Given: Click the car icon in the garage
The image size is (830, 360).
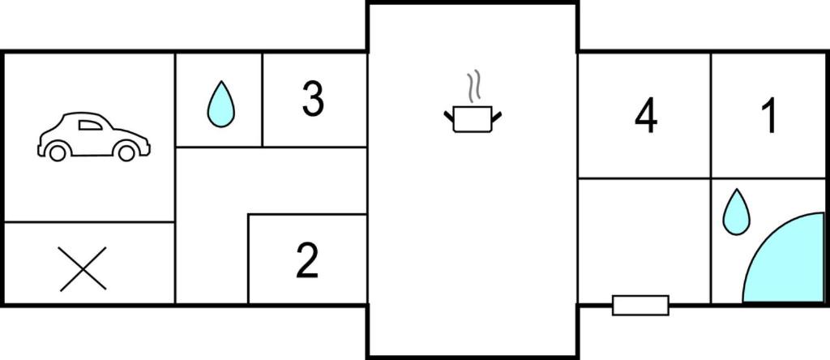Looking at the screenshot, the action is coord(94,136).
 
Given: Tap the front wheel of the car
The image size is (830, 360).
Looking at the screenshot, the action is coord(126,152).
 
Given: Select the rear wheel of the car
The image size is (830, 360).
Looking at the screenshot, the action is coord(58,152).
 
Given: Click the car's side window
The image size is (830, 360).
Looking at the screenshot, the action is coord(90,125).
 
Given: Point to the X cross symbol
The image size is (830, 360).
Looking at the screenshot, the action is coord(83,269).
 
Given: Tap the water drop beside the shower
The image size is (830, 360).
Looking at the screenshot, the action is coord(736,212).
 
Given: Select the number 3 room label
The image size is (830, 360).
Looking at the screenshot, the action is coord(313,100).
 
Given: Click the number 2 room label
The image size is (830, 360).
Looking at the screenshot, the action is coord(307,260).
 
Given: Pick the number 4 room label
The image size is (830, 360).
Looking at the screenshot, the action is coord(646,116).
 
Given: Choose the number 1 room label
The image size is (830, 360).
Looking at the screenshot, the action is coord(768,116).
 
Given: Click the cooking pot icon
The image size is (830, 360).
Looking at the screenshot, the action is coord(473,119).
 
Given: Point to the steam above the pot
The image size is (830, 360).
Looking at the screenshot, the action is coord(473,86).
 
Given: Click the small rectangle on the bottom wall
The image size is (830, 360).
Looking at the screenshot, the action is coord(640,306).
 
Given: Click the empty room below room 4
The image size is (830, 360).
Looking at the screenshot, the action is coord(644,241).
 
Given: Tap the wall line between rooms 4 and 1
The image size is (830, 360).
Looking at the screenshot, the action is coord(711,115).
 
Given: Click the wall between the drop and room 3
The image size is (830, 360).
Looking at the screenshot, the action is coord(262,99).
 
